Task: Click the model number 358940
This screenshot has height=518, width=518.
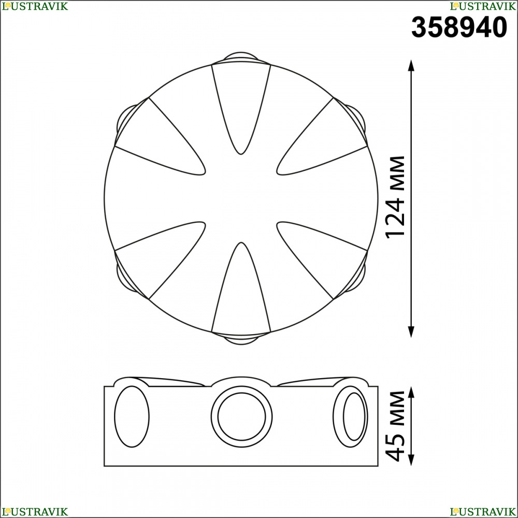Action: (x=459, y=27)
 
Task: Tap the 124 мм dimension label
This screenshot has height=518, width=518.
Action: (x=395, y=197)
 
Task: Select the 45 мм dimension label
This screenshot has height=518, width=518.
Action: (x=395, y=426)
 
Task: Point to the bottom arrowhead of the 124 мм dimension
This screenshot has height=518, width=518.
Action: (x=411, y=332)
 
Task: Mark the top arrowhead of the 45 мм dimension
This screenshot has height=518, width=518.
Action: (x=411, y=392)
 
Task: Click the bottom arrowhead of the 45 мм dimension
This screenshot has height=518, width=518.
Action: (x=411, y=460)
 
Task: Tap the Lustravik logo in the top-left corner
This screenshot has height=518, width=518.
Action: (x=35, y=6)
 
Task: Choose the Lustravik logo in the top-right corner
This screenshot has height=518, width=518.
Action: (x=483, y=6)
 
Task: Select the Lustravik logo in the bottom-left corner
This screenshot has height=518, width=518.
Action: (x=35, y=511)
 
